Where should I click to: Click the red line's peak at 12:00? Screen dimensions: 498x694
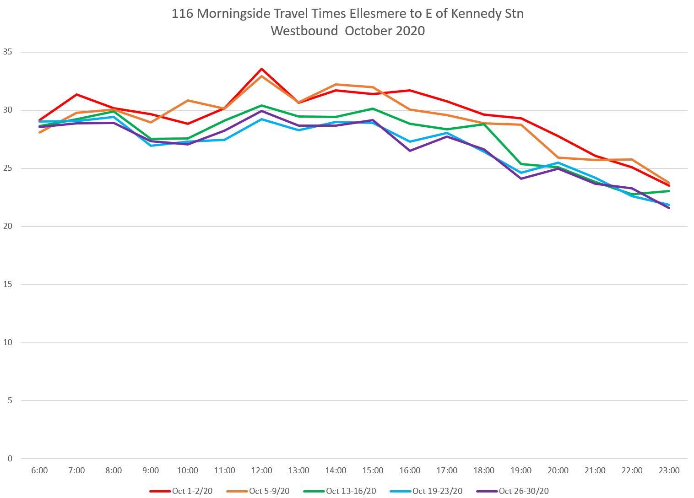pos(261,69)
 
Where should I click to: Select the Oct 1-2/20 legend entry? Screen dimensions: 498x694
pos(181,491)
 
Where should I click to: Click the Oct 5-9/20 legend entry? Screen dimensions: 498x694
pos(258,491)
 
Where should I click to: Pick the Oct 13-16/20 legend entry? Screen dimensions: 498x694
pos(340,491)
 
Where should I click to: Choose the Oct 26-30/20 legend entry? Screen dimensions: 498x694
pos(513,491)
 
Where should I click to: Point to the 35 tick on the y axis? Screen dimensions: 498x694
pos(7,52)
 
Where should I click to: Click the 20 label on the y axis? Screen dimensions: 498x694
pos(7,227)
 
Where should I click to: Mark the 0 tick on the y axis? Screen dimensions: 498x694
pos(10,459)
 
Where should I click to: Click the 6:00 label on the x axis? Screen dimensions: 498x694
pos(39,471)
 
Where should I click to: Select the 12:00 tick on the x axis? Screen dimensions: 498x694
pos(261,471)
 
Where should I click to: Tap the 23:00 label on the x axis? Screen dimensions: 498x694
pos(669,471)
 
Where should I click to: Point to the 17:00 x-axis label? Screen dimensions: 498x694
pos(447,471)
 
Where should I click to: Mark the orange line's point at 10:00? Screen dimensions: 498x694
pos(188,100)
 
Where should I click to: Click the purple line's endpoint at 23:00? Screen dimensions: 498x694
pos(669,208)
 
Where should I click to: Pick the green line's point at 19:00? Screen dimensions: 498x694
pos(521,164)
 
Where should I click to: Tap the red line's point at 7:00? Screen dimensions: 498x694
pos(76,95)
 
